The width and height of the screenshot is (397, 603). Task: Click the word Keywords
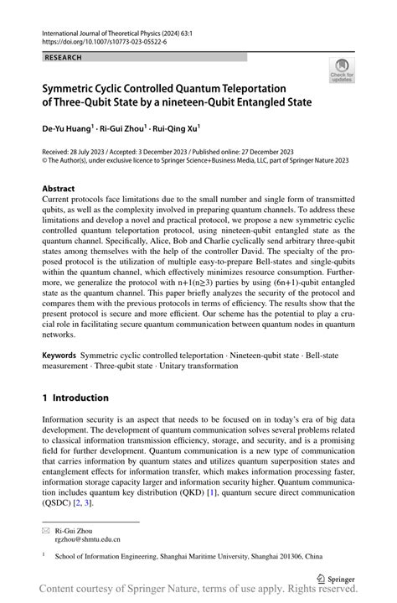point(64,356)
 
